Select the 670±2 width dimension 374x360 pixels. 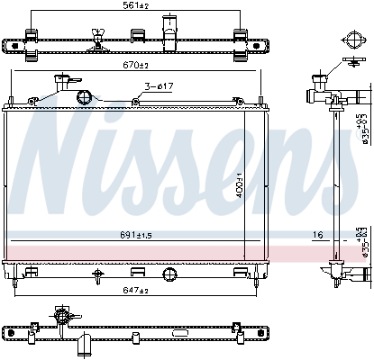click(136, 65)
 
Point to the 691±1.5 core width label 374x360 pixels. click(136, 235)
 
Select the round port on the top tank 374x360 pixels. click(83, 97)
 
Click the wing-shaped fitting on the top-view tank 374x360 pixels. click(96, 39)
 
